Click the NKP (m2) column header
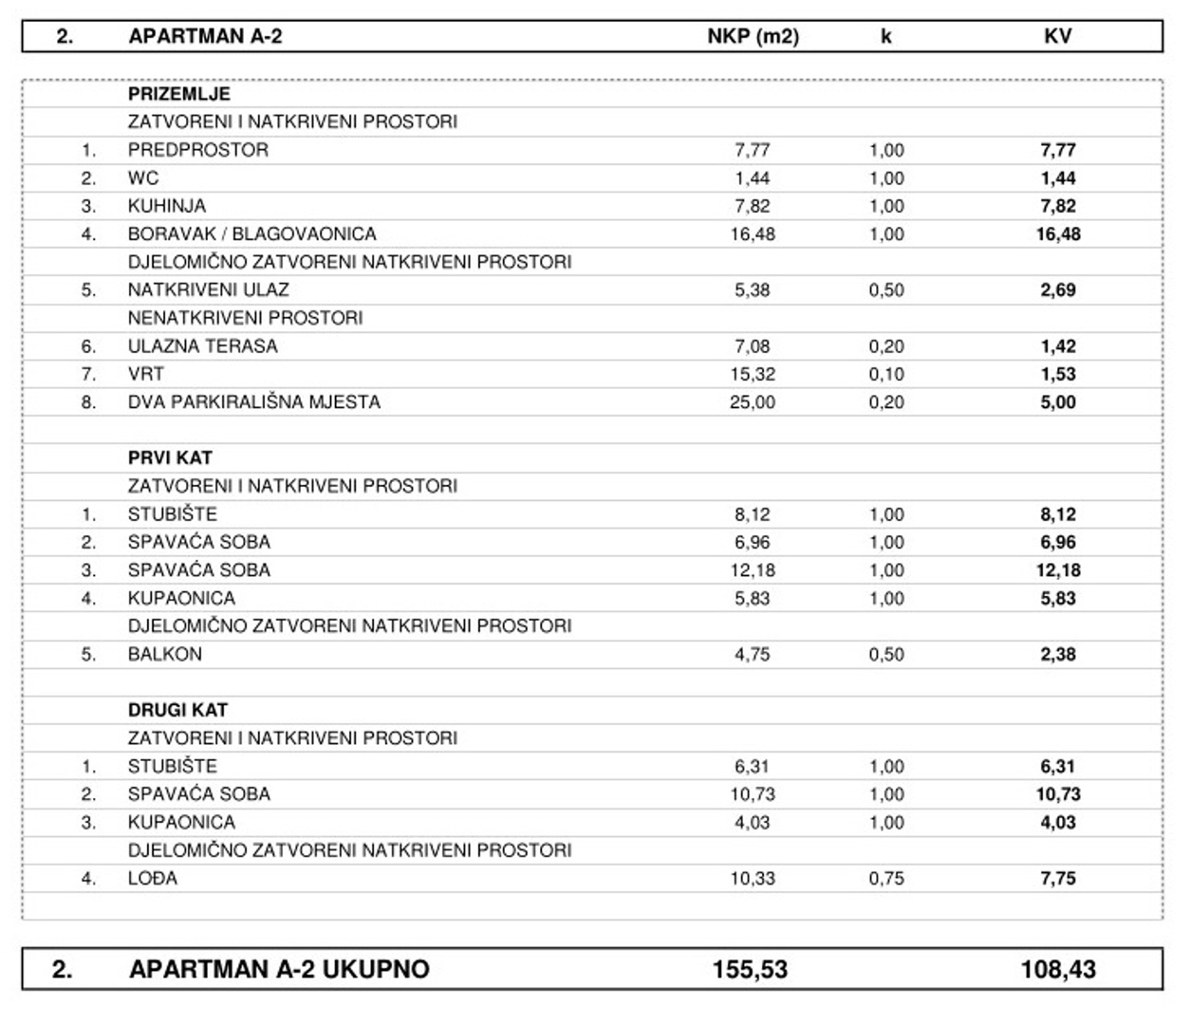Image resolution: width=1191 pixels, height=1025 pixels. (753, 37)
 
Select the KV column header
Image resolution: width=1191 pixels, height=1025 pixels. (1057, 37)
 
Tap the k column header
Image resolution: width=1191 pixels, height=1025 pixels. (886, 37)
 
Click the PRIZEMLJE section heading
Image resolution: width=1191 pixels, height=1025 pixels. (179, 94)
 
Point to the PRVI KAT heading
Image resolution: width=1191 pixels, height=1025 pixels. (170, 457)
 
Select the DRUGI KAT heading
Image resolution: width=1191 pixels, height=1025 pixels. (178, 710)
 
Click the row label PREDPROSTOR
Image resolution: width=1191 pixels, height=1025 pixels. (198, 150)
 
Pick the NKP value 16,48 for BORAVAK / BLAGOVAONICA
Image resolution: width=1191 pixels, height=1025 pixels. (753, 233)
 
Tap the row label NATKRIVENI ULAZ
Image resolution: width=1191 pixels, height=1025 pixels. (209, 289)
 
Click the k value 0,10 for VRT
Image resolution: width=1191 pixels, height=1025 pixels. (886, 374)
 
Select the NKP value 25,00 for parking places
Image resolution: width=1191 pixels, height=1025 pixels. (753, 402)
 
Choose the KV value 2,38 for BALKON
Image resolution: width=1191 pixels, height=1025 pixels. (1058, 654)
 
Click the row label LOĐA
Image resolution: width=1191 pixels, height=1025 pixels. (153, 878)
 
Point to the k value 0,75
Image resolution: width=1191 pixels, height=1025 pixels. (886, 878)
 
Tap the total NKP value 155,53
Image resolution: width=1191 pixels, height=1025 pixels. (750, 969)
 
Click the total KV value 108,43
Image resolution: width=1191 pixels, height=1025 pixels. (1058, 969)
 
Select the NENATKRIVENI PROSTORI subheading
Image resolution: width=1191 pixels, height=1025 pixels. (246, 318)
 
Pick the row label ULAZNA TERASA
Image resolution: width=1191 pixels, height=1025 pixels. (203, 346)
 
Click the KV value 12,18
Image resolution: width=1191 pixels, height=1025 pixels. (1058, 570)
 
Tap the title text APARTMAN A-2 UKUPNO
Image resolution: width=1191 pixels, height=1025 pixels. (279, 969)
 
